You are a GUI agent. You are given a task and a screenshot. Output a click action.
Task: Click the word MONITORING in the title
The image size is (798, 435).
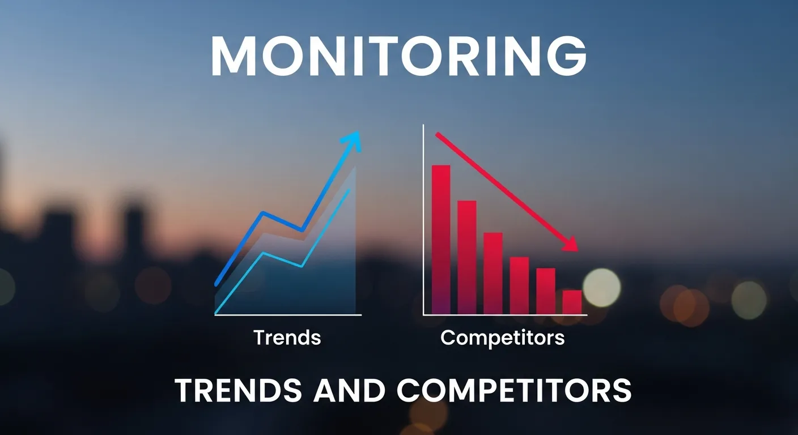coord(398,57)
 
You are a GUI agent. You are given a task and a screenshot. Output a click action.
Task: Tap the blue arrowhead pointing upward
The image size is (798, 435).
coord(354,139)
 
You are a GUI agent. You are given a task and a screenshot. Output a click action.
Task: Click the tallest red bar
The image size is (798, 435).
coord(441,238)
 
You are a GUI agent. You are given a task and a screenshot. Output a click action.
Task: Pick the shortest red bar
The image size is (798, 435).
coord(572,302)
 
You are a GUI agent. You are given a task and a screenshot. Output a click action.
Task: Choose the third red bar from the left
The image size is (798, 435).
coord(493,272)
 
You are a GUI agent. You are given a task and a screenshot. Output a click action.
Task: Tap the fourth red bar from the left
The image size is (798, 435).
coord(519,285)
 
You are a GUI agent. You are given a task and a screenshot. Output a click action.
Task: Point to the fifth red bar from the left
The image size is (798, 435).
coord(546,291)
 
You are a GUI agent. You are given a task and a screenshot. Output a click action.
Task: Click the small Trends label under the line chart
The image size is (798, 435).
coord(287,338)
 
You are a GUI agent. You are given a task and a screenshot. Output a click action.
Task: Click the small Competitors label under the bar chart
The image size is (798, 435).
coord(502,338)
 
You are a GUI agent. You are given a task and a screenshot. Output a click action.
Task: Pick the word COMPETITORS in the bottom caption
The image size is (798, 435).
coord(513,391)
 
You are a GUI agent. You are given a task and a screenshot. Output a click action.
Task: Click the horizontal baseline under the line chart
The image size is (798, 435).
coord(288,314)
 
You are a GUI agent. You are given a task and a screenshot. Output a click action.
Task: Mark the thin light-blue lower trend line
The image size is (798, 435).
coord(283,261)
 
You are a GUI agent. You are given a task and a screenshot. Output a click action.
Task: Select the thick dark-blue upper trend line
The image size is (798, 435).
coord(282,221)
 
